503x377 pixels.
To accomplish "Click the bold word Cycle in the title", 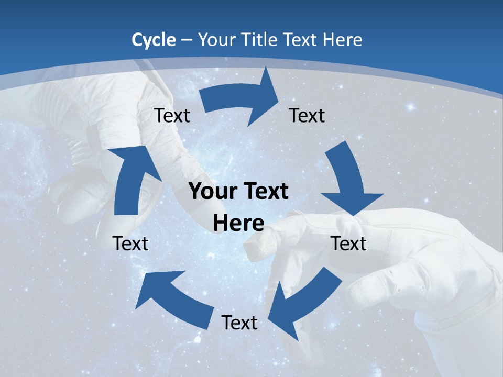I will point(154,40).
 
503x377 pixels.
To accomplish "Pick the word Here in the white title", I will point(343,40).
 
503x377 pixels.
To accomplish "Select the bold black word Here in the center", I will point(238,223).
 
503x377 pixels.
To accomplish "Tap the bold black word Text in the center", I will point(265,191).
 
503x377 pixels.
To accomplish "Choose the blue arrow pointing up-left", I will point(173,296).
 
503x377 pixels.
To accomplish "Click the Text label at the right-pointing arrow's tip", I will point(307,115).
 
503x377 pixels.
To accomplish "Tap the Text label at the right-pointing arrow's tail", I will point(172,115).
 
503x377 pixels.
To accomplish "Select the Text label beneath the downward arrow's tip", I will point(349,243).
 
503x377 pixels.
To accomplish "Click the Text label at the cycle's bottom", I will point(239,323).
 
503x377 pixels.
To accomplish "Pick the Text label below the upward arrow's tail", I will point(130,243).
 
